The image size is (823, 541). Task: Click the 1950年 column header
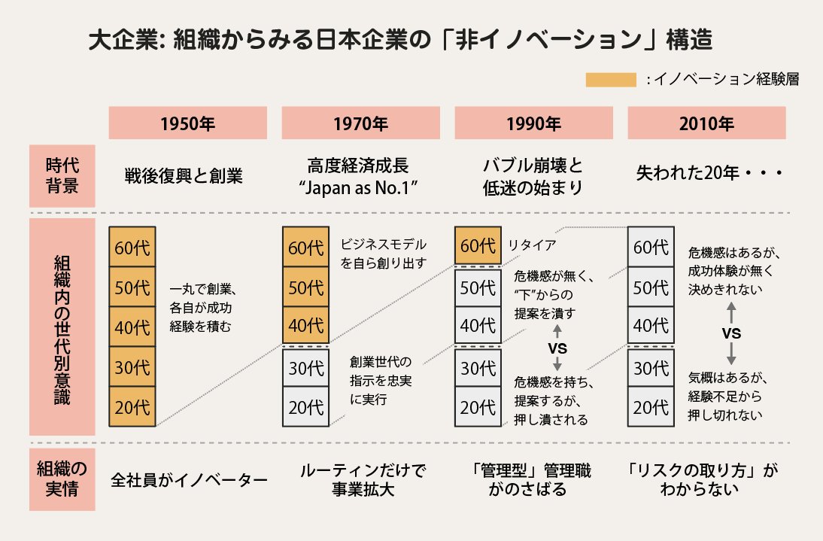point(188,123)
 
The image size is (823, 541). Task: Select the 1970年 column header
point(360,123)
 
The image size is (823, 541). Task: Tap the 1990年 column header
point(533,123)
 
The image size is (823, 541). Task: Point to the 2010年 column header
point(706,123)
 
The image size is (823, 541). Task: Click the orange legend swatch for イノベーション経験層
point(610,80)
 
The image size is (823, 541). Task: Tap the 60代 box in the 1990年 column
point(478,245)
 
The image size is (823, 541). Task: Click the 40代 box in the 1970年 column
point(305,326)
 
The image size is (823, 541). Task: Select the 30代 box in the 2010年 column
point(651,368)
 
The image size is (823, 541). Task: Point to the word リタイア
point(532,245)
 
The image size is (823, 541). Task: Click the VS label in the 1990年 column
point(557,348)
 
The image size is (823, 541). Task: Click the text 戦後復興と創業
point(184,176)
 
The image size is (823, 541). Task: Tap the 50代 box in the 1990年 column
point(478,287)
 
